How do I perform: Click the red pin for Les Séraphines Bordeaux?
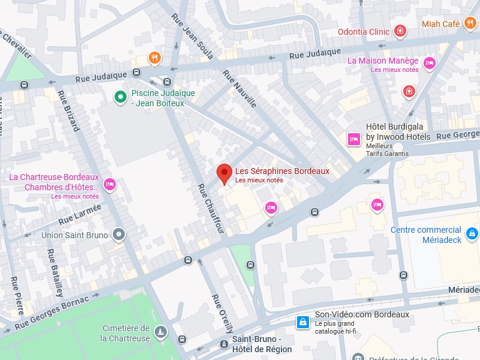[224, 173]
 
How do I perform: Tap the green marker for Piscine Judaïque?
[120, 96]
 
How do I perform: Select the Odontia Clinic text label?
[364, 32]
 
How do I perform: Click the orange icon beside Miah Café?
[469, 23]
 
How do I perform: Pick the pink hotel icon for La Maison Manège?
[429, 62]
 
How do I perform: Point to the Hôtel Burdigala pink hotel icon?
[354, 139]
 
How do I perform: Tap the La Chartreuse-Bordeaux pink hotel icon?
[109, 184]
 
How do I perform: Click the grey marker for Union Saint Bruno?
[119, 235]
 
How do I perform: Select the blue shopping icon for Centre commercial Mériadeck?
[472, 233]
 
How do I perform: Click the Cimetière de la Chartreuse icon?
[160, 332]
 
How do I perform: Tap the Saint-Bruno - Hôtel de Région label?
[262, 345]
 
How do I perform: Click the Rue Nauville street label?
[239, 89]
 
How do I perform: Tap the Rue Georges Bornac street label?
[52, 313]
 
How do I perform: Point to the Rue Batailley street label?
[55, 273]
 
